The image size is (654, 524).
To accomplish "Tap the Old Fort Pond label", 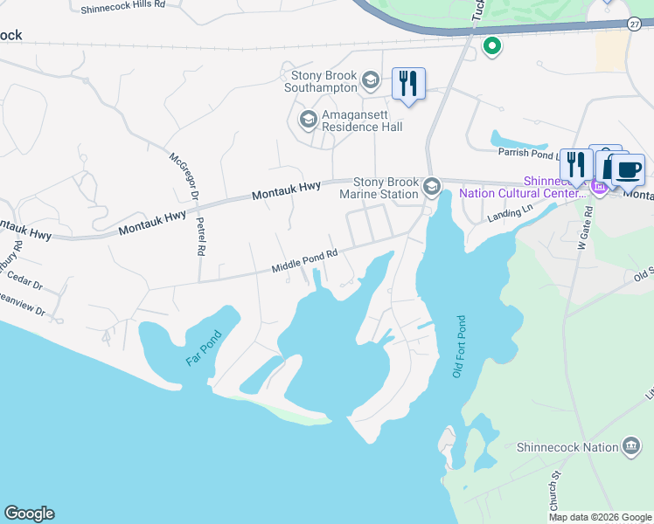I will (x=457, y=347).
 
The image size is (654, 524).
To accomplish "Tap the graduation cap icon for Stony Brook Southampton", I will (x=370, y=80).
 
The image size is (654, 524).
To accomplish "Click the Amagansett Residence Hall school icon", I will (x=308, y=119).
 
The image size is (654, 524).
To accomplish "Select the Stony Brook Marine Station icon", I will (x=431, y=187).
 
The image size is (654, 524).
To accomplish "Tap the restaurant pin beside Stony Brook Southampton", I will (x=408, y=84).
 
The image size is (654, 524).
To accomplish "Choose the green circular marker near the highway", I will (x=492, y=45).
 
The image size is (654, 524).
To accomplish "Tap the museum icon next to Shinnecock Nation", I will (x=630, y=447).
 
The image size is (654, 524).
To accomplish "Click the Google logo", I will (x=29, y=514).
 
